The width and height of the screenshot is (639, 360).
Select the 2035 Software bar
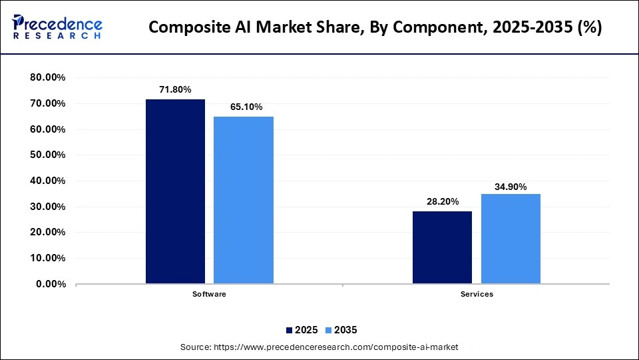point(243,200)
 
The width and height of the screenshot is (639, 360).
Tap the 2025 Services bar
point(442,247)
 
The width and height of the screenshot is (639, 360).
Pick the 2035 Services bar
point(510,239)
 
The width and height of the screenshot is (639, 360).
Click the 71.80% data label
point(175,89)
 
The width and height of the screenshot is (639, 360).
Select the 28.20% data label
point(442,201)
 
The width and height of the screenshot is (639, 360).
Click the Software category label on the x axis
point(209,294)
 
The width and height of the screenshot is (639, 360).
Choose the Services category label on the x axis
point(476,294)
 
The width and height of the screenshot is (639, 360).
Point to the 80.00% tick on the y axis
point(47,78)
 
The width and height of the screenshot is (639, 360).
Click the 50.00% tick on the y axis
point(47,155)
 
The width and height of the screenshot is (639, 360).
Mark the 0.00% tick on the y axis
point(50,284)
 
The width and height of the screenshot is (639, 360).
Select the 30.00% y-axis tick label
point(47,207)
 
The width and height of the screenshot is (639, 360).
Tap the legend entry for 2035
point(340,330)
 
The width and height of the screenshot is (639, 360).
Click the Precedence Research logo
point(57,27)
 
